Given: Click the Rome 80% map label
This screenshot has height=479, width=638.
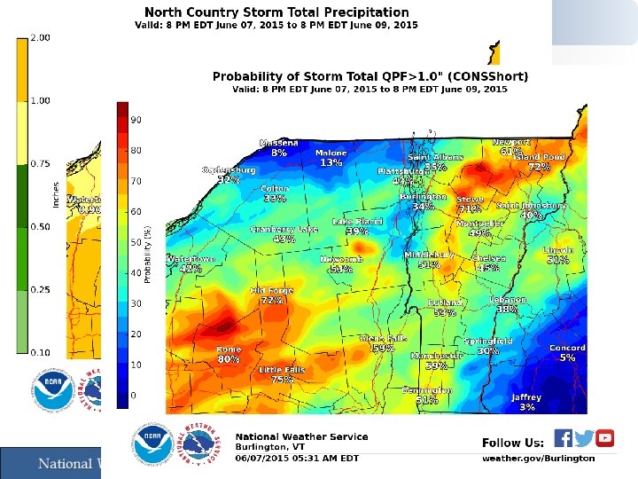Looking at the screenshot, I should tap(229, 354).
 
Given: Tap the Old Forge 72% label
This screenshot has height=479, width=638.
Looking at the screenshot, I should tap(271, 294).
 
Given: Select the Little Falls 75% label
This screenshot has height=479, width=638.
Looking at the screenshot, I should tap(282, 373).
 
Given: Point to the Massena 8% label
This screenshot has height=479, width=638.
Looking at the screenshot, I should tap(279, 147).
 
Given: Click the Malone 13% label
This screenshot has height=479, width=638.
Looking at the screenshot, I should tap(331, 158).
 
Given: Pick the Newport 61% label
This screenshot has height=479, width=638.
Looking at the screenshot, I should tap(511, 146).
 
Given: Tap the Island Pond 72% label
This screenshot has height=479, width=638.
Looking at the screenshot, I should tap(540, 161).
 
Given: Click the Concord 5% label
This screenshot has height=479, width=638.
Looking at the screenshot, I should tap(567, 353).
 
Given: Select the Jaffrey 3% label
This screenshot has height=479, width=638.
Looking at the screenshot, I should tap(526, 402).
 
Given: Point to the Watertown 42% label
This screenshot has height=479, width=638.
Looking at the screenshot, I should tap(191, 263).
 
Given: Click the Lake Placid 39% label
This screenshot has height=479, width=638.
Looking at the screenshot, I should tap(357, 226).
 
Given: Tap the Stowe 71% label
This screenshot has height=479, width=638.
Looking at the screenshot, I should tap(470, 204).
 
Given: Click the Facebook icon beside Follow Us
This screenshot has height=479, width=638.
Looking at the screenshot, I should tap(563, 438).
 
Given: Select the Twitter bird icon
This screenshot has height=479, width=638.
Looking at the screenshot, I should tap(584, 438).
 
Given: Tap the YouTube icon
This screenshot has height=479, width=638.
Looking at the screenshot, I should tap(605, 438).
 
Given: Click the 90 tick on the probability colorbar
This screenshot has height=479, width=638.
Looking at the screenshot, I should tap(136, 119).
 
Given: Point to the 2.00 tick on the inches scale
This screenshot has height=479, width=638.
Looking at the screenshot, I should tap(40, 38).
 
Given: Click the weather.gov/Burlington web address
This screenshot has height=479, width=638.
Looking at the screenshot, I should tap(538, 458).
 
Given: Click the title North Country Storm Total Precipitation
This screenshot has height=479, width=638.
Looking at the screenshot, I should tap(276, 12).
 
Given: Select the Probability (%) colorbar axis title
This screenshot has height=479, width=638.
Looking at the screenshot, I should tap(148, 253).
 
